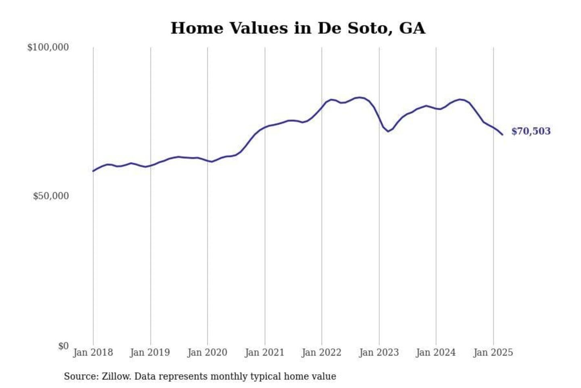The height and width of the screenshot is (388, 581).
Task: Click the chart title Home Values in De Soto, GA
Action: pos(298,28)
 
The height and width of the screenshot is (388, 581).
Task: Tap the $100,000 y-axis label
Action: pos(48,47)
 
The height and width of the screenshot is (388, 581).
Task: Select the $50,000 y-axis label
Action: pos(51,196)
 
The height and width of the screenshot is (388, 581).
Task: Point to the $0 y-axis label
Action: pos(63,346)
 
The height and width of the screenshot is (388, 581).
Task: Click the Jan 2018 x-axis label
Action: pos(93,352)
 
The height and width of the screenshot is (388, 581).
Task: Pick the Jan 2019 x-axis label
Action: pos(150,352)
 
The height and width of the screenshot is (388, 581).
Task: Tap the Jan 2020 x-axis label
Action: pos(207,352)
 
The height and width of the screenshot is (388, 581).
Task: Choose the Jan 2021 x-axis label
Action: pos(265,352)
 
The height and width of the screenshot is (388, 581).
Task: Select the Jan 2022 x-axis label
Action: pos(322,352)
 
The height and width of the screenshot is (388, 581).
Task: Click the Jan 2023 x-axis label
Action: pos(379,352)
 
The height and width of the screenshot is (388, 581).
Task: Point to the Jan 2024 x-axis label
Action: pos(436,352)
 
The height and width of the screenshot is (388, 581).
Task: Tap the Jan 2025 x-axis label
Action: pos(493,352)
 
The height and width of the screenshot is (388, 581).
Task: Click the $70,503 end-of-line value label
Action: pos(531,131)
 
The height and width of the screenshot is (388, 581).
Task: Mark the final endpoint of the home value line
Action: pos(502,135)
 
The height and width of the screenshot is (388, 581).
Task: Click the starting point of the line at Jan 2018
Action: pos(93,171)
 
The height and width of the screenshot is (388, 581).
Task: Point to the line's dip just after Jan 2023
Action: pos(388,131)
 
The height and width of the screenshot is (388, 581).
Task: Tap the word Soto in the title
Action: pos(370,28)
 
